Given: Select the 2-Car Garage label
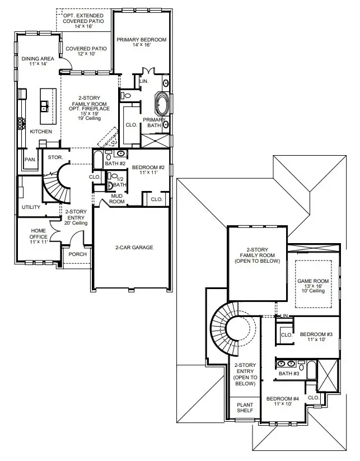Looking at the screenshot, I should (x=134, y=247).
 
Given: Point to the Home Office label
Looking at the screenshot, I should (x=38, y=234).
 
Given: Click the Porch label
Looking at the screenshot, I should (x=77, y=254).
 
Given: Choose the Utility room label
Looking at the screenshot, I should (x=31, y=207).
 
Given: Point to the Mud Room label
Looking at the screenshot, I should (x=116, y=199).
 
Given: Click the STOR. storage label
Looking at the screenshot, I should (x=54, y=157).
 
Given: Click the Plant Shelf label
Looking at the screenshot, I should (x=244, y=407).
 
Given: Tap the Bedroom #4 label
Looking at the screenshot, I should (x=282, y=401).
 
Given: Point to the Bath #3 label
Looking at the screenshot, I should (x=288, y=374).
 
